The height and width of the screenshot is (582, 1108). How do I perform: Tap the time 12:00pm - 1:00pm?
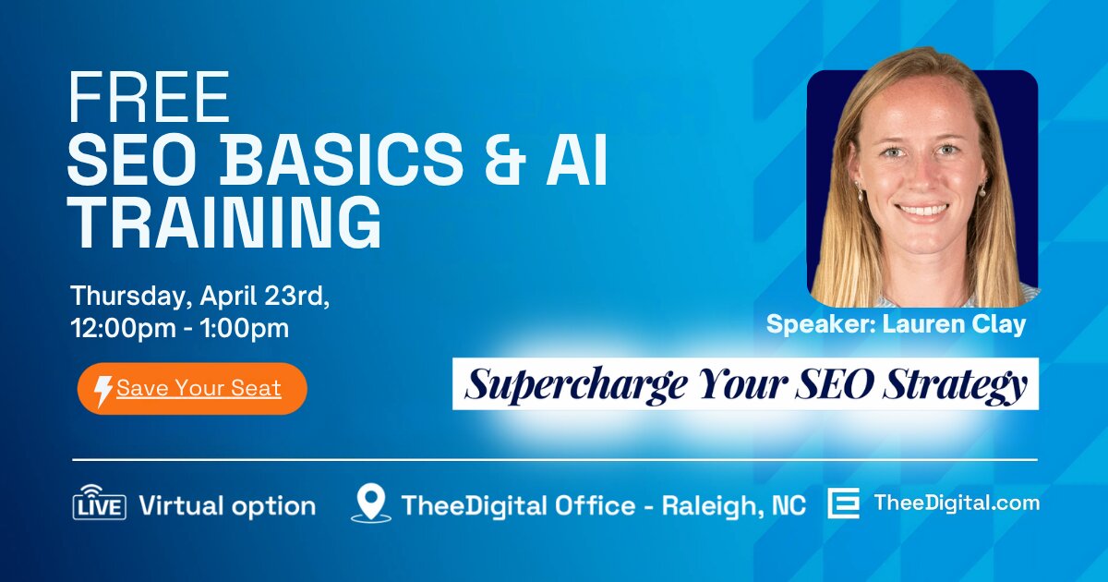(180, 328)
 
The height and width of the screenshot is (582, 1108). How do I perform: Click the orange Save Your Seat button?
(192, 388)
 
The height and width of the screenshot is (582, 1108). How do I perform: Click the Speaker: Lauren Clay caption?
(896, 325)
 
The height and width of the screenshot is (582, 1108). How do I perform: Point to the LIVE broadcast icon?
(99, 504)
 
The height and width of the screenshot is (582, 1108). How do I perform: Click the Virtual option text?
(227, 506)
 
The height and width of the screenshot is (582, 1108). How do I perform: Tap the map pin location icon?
(371, 504)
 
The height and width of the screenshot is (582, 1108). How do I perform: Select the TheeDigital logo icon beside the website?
(843, 504)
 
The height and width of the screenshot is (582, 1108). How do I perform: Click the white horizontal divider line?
(554, 459)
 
